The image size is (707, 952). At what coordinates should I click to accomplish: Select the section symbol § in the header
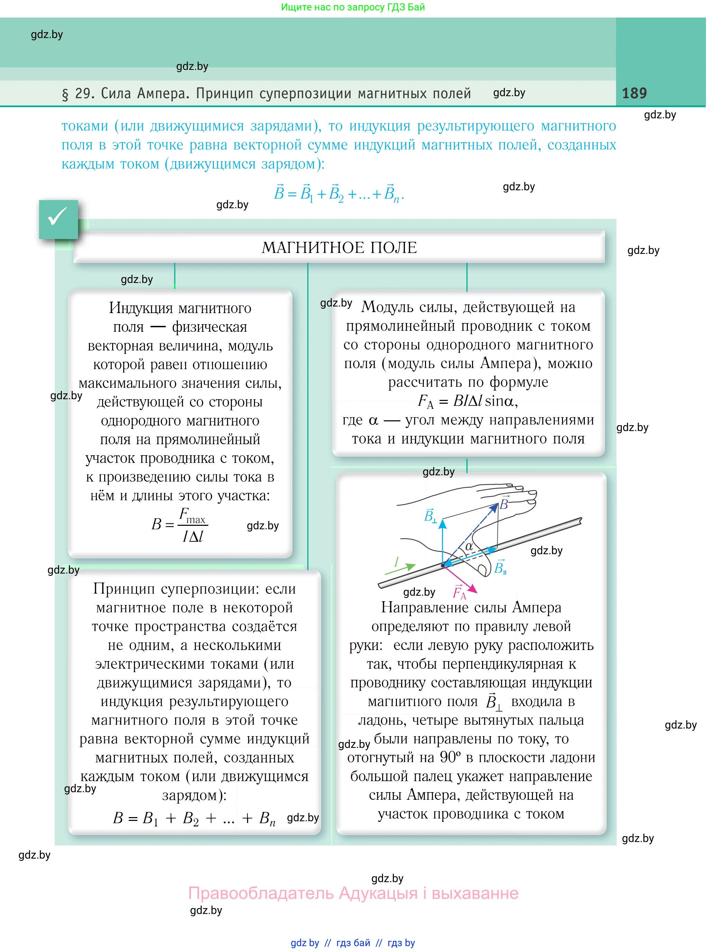point(65,94)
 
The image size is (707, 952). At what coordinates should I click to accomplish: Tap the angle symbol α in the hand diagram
point(469,546)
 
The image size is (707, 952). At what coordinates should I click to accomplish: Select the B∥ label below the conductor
point(500,568)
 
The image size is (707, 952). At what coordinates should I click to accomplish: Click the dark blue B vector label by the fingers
point(504,504)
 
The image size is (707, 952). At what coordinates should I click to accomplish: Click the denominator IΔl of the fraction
point(193,537)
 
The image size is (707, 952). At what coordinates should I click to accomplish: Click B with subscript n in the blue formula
point(392,195)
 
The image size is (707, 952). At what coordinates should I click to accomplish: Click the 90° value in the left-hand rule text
point(450,757)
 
